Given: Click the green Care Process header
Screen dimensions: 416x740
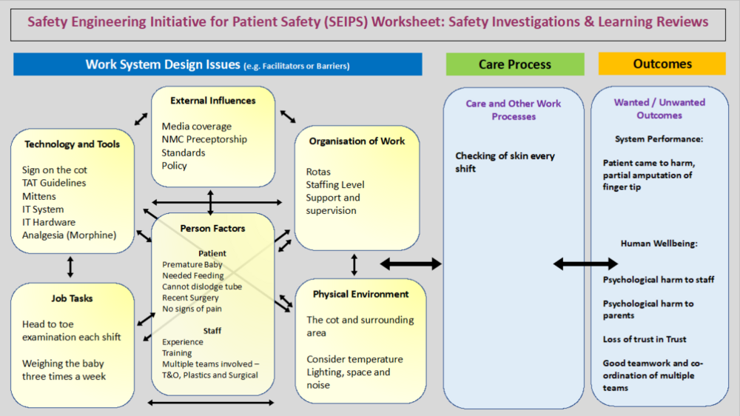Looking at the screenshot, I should click(514, 64).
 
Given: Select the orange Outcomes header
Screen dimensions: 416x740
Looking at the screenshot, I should click(662, 64).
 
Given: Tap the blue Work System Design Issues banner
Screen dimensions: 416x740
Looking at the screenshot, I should click(218, 64).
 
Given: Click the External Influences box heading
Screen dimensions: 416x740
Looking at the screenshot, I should click(212, 101).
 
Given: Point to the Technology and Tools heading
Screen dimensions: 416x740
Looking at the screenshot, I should click(72, 144).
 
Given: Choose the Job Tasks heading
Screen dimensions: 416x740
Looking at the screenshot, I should click(72, 298).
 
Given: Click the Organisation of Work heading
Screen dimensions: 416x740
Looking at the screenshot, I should click(357, 141).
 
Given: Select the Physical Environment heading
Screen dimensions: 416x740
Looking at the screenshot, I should click(360, 294).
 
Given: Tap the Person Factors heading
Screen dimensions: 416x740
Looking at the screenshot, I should click(212, 229).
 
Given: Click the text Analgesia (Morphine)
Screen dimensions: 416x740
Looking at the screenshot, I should click(69, 235).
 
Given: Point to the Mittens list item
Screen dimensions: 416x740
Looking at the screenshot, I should click(38, 197).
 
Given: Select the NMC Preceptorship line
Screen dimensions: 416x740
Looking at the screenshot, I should click(204, 139).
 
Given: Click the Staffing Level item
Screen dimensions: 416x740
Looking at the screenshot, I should click(334, 185).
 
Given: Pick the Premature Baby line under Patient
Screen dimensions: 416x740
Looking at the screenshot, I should click(193, 264).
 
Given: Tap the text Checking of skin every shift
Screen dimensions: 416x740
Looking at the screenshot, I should click(505, 162).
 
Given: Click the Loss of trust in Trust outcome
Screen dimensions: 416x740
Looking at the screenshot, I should click(645, 339).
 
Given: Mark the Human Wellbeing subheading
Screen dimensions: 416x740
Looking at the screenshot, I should click(659, 243).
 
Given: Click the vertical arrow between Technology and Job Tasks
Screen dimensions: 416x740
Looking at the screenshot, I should click(70, 266).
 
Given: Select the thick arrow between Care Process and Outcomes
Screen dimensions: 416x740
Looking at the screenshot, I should click(585, 264).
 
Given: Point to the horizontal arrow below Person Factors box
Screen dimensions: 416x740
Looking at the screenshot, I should click(211, 403).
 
